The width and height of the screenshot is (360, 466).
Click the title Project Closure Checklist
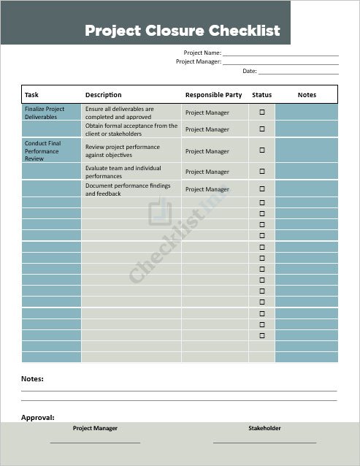(183, 31)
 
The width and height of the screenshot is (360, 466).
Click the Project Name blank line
(280, 54)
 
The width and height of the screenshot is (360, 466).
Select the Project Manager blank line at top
(280, 63)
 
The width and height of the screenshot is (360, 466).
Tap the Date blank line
(298, 72)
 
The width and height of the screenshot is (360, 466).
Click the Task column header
(32, 95)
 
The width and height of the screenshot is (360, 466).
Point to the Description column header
(104, 95)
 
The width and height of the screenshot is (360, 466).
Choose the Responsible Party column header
(213, 95)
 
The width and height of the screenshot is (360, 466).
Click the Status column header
(261, 95)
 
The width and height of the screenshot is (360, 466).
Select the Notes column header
(307, 95)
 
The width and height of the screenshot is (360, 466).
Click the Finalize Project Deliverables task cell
(45, 112)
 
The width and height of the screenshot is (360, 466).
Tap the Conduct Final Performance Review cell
(43, 151)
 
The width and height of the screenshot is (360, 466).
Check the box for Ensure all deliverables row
(262, 112)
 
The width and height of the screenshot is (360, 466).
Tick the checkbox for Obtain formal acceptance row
(262, 129)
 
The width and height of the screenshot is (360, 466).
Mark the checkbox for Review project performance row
(262, 150)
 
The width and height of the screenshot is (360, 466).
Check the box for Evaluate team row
(262, 171)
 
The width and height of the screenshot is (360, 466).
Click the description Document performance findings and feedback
(128, 190)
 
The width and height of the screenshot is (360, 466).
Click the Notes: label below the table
(32, 379)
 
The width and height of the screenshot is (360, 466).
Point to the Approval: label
(38, 418)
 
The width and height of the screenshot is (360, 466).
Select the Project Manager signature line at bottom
(95, 441)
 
